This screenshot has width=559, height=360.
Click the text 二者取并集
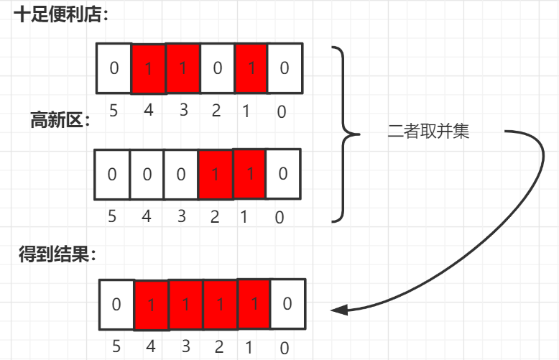[x=428, y=132]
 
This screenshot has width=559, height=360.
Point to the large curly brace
[x=346, y=134]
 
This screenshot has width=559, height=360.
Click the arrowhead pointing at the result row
[x=340, y=310]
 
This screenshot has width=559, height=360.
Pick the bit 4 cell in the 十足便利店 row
[x=149, y=69]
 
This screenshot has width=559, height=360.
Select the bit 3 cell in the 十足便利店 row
[x=183, y=68]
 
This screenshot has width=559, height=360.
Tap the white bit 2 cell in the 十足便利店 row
[x=217, y=68]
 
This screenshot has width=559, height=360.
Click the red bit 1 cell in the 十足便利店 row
[x=250, y=68]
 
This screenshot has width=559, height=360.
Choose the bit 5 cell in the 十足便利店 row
[x=114, y=68]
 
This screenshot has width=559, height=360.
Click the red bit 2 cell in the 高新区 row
[x=216, y=174]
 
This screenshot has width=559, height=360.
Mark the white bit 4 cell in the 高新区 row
[x=147, y=174]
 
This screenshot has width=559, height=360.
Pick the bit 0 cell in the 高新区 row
[x=283, y=174]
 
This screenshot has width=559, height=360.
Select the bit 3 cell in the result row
[x=185, y=304]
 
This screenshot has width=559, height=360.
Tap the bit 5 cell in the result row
[x=116, y=304]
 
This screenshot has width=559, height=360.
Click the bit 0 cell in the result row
[x=287, y=304]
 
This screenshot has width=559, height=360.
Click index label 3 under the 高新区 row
[x=180, y=216]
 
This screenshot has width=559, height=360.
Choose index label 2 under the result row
[x=218, y=347]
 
